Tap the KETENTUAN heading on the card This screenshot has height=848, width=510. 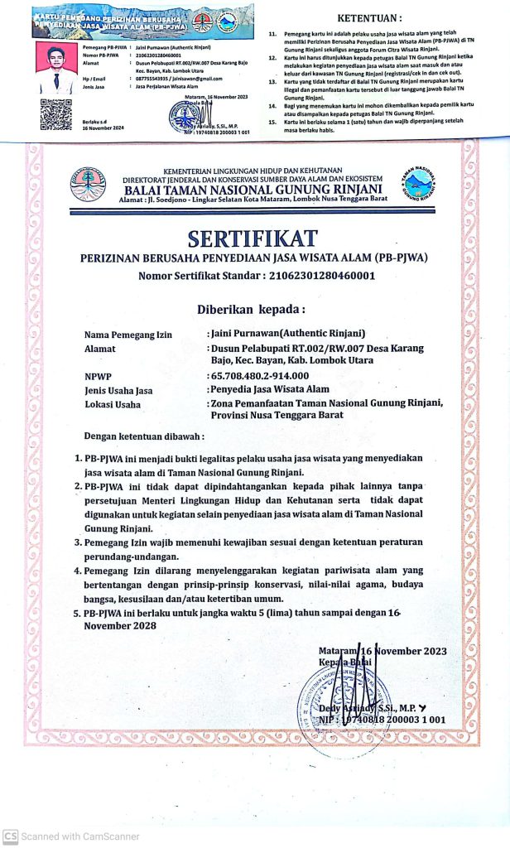pos(371,17)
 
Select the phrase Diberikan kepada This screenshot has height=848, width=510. pos(251,310)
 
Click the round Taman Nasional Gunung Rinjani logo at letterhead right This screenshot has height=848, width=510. pos(420,185)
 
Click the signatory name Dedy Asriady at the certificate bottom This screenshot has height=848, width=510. pos(377,709)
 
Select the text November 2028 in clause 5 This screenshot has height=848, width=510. pos(121,625)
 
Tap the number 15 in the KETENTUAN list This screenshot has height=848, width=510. pos(272,121)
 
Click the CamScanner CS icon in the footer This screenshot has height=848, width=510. pos(10,836)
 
